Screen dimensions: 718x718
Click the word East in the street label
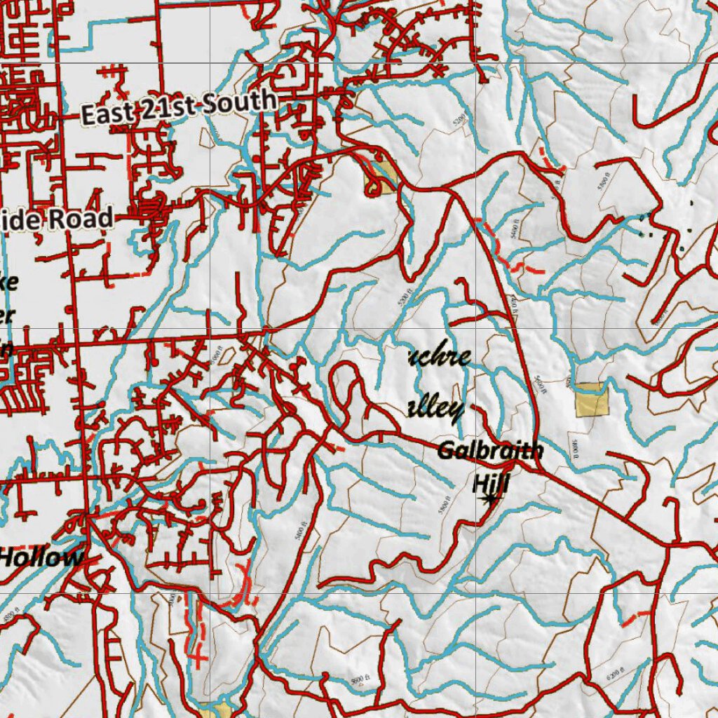[x=106, y=114]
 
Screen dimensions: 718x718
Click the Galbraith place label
[x=489, y=451]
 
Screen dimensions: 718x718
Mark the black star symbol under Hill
[x=489, y=499]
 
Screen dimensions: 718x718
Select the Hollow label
[x=41, y=558]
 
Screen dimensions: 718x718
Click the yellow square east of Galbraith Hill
[x=590, y=400]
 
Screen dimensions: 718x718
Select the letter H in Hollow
[x=8, y=558]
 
